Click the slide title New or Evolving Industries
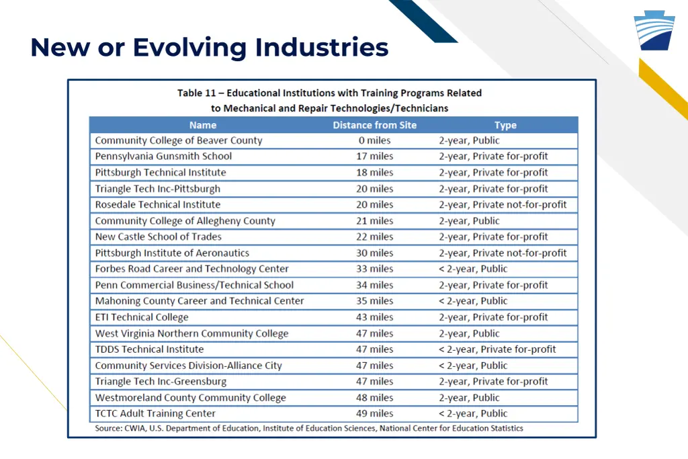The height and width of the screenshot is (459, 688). [209, 48]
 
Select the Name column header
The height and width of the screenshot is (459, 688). [203, 125]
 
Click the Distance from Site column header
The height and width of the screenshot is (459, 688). [374, 125]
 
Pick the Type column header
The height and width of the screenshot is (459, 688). [505, 125]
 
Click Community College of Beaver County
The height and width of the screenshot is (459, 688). [179, 140]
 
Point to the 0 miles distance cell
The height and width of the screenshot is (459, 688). [374, 140]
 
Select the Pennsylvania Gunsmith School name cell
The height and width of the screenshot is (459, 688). [163, 156]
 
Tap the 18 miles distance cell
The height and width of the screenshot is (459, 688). [374, 173]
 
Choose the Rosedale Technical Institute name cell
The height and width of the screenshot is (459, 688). [158, 205]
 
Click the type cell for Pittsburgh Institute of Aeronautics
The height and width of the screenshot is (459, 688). [503, 253]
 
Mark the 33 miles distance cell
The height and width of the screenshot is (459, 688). [374, 269]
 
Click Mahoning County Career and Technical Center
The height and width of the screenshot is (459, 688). [200, 301]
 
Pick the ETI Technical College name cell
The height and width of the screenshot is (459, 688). [142, 317]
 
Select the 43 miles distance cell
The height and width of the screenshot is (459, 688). [374, 317]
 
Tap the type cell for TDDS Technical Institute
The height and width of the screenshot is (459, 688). [497, 349]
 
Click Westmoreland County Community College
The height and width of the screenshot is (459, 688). [191, 398]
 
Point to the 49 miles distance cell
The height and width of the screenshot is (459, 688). [374, 414]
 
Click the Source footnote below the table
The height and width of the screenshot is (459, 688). [308, 428]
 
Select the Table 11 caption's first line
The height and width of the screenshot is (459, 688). [329, 93]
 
